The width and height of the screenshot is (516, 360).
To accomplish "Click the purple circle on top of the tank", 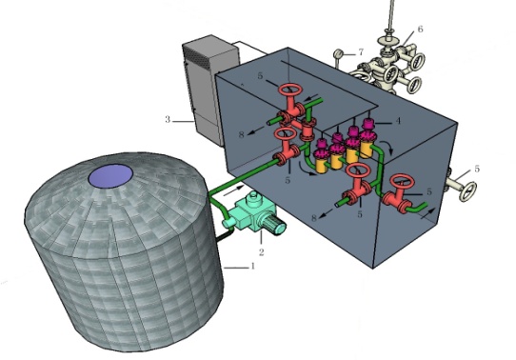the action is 110,176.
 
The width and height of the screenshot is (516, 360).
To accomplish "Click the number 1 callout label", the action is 252,266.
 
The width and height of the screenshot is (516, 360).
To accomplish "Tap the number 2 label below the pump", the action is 261,252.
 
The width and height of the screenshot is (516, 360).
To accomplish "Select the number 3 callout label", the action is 168,119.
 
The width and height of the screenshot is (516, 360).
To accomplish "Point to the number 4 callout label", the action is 398,121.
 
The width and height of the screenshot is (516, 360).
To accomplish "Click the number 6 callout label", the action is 420,29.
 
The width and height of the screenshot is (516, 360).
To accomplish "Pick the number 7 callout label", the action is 361,52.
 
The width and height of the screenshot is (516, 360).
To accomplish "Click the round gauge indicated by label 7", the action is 339,53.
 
